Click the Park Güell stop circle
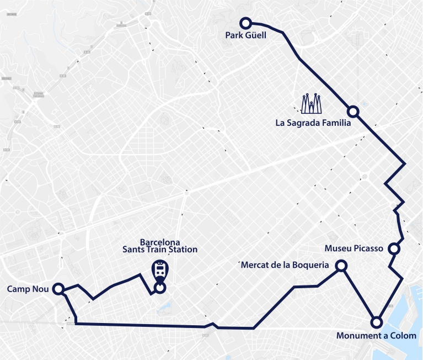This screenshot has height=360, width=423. click(245, 23)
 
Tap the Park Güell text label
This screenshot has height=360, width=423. click(245, 36)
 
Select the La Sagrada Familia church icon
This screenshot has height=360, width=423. click(312, 104)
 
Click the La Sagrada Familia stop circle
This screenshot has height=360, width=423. click(354, 112)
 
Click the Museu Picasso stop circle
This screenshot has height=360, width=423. click(394, 248)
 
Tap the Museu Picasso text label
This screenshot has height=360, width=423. click(354, 248)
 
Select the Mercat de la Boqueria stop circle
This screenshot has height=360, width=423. click(341, 266)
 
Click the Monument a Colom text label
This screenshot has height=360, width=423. click(376, 336)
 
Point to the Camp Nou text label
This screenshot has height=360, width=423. click(28, 289)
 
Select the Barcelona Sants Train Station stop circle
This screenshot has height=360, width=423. click(160, 287)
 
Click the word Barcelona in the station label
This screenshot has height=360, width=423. click(160, 242)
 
